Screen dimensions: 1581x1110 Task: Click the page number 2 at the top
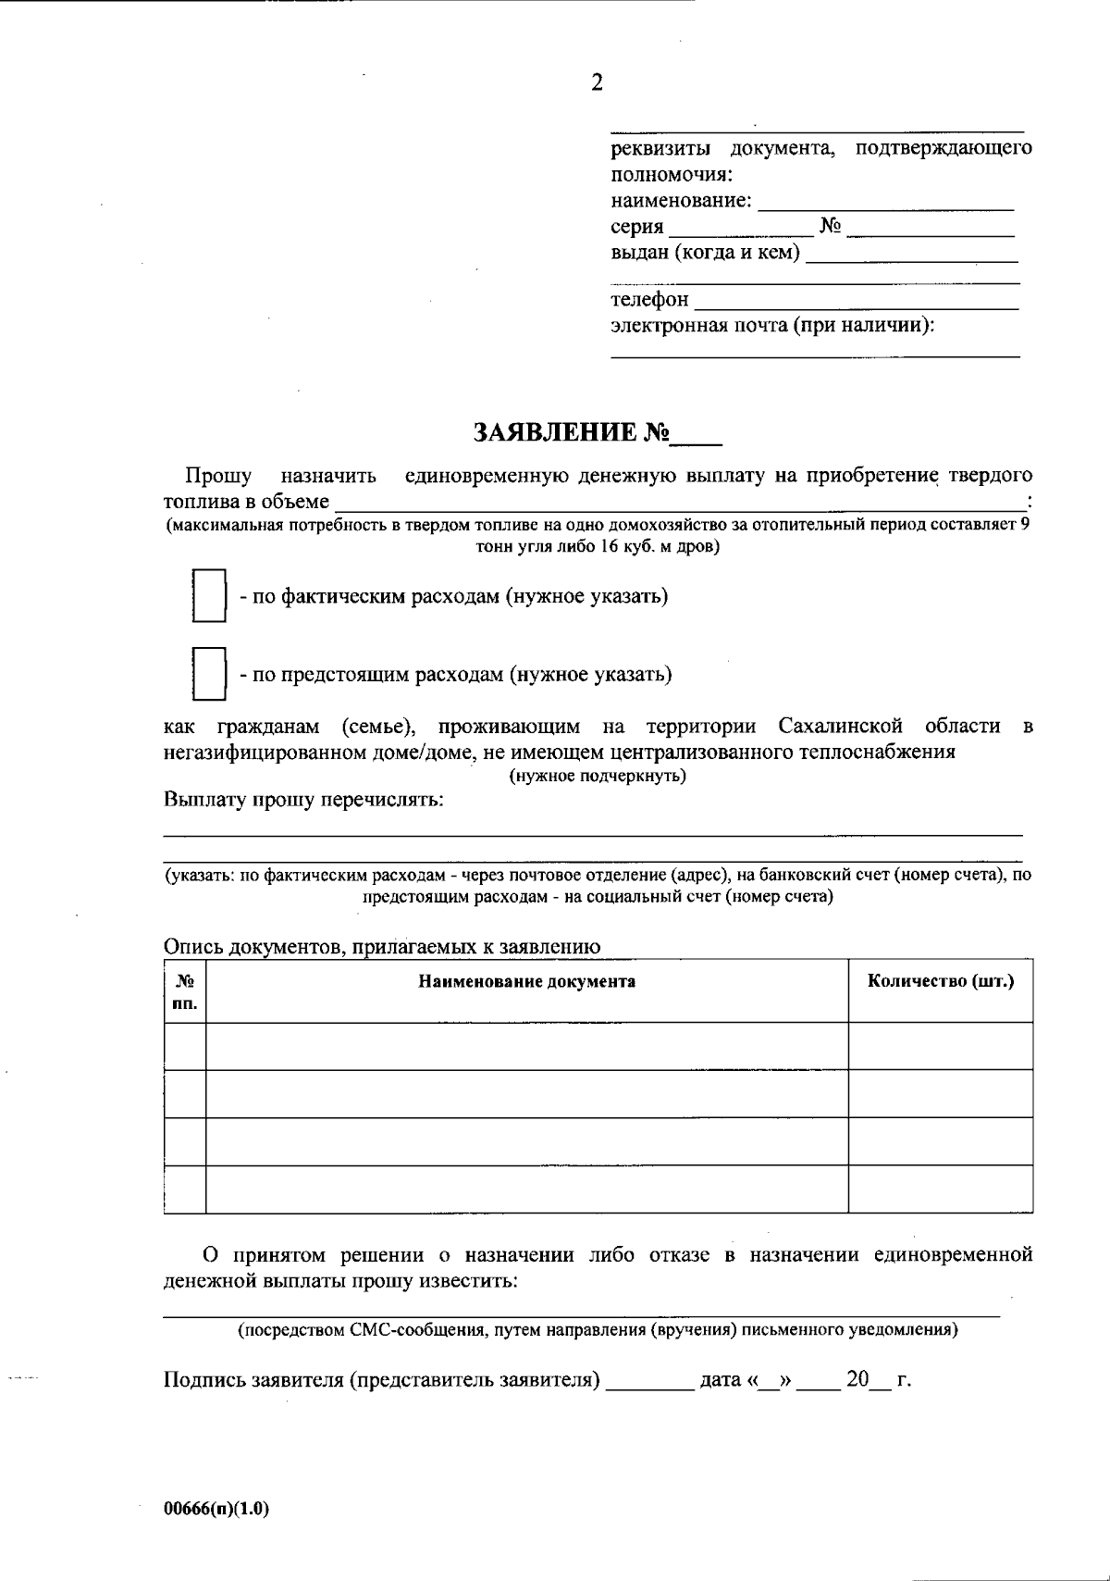[597, 83]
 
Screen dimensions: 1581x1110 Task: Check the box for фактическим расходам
[209, 596]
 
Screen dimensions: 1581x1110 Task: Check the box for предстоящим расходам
[209, 674]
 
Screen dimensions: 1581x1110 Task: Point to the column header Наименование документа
[526, 982]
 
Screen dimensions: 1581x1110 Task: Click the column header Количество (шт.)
[940, 981]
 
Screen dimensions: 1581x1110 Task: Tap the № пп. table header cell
[185, 991]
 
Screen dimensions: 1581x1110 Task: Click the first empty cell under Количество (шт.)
[940, 1046]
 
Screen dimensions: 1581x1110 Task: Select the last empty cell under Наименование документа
[526, 1189]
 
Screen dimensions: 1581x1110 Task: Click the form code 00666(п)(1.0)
[216, 1509]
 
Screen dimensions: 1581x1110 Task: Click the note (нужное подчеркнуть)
[598, 777]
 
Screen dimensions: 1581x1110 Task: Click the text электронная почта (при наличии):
[772, 326]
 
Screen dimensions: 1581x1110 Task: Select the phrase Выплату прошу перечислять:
[303, 800]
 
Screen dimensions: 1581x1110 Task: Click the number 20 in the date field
[857, 1380]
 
